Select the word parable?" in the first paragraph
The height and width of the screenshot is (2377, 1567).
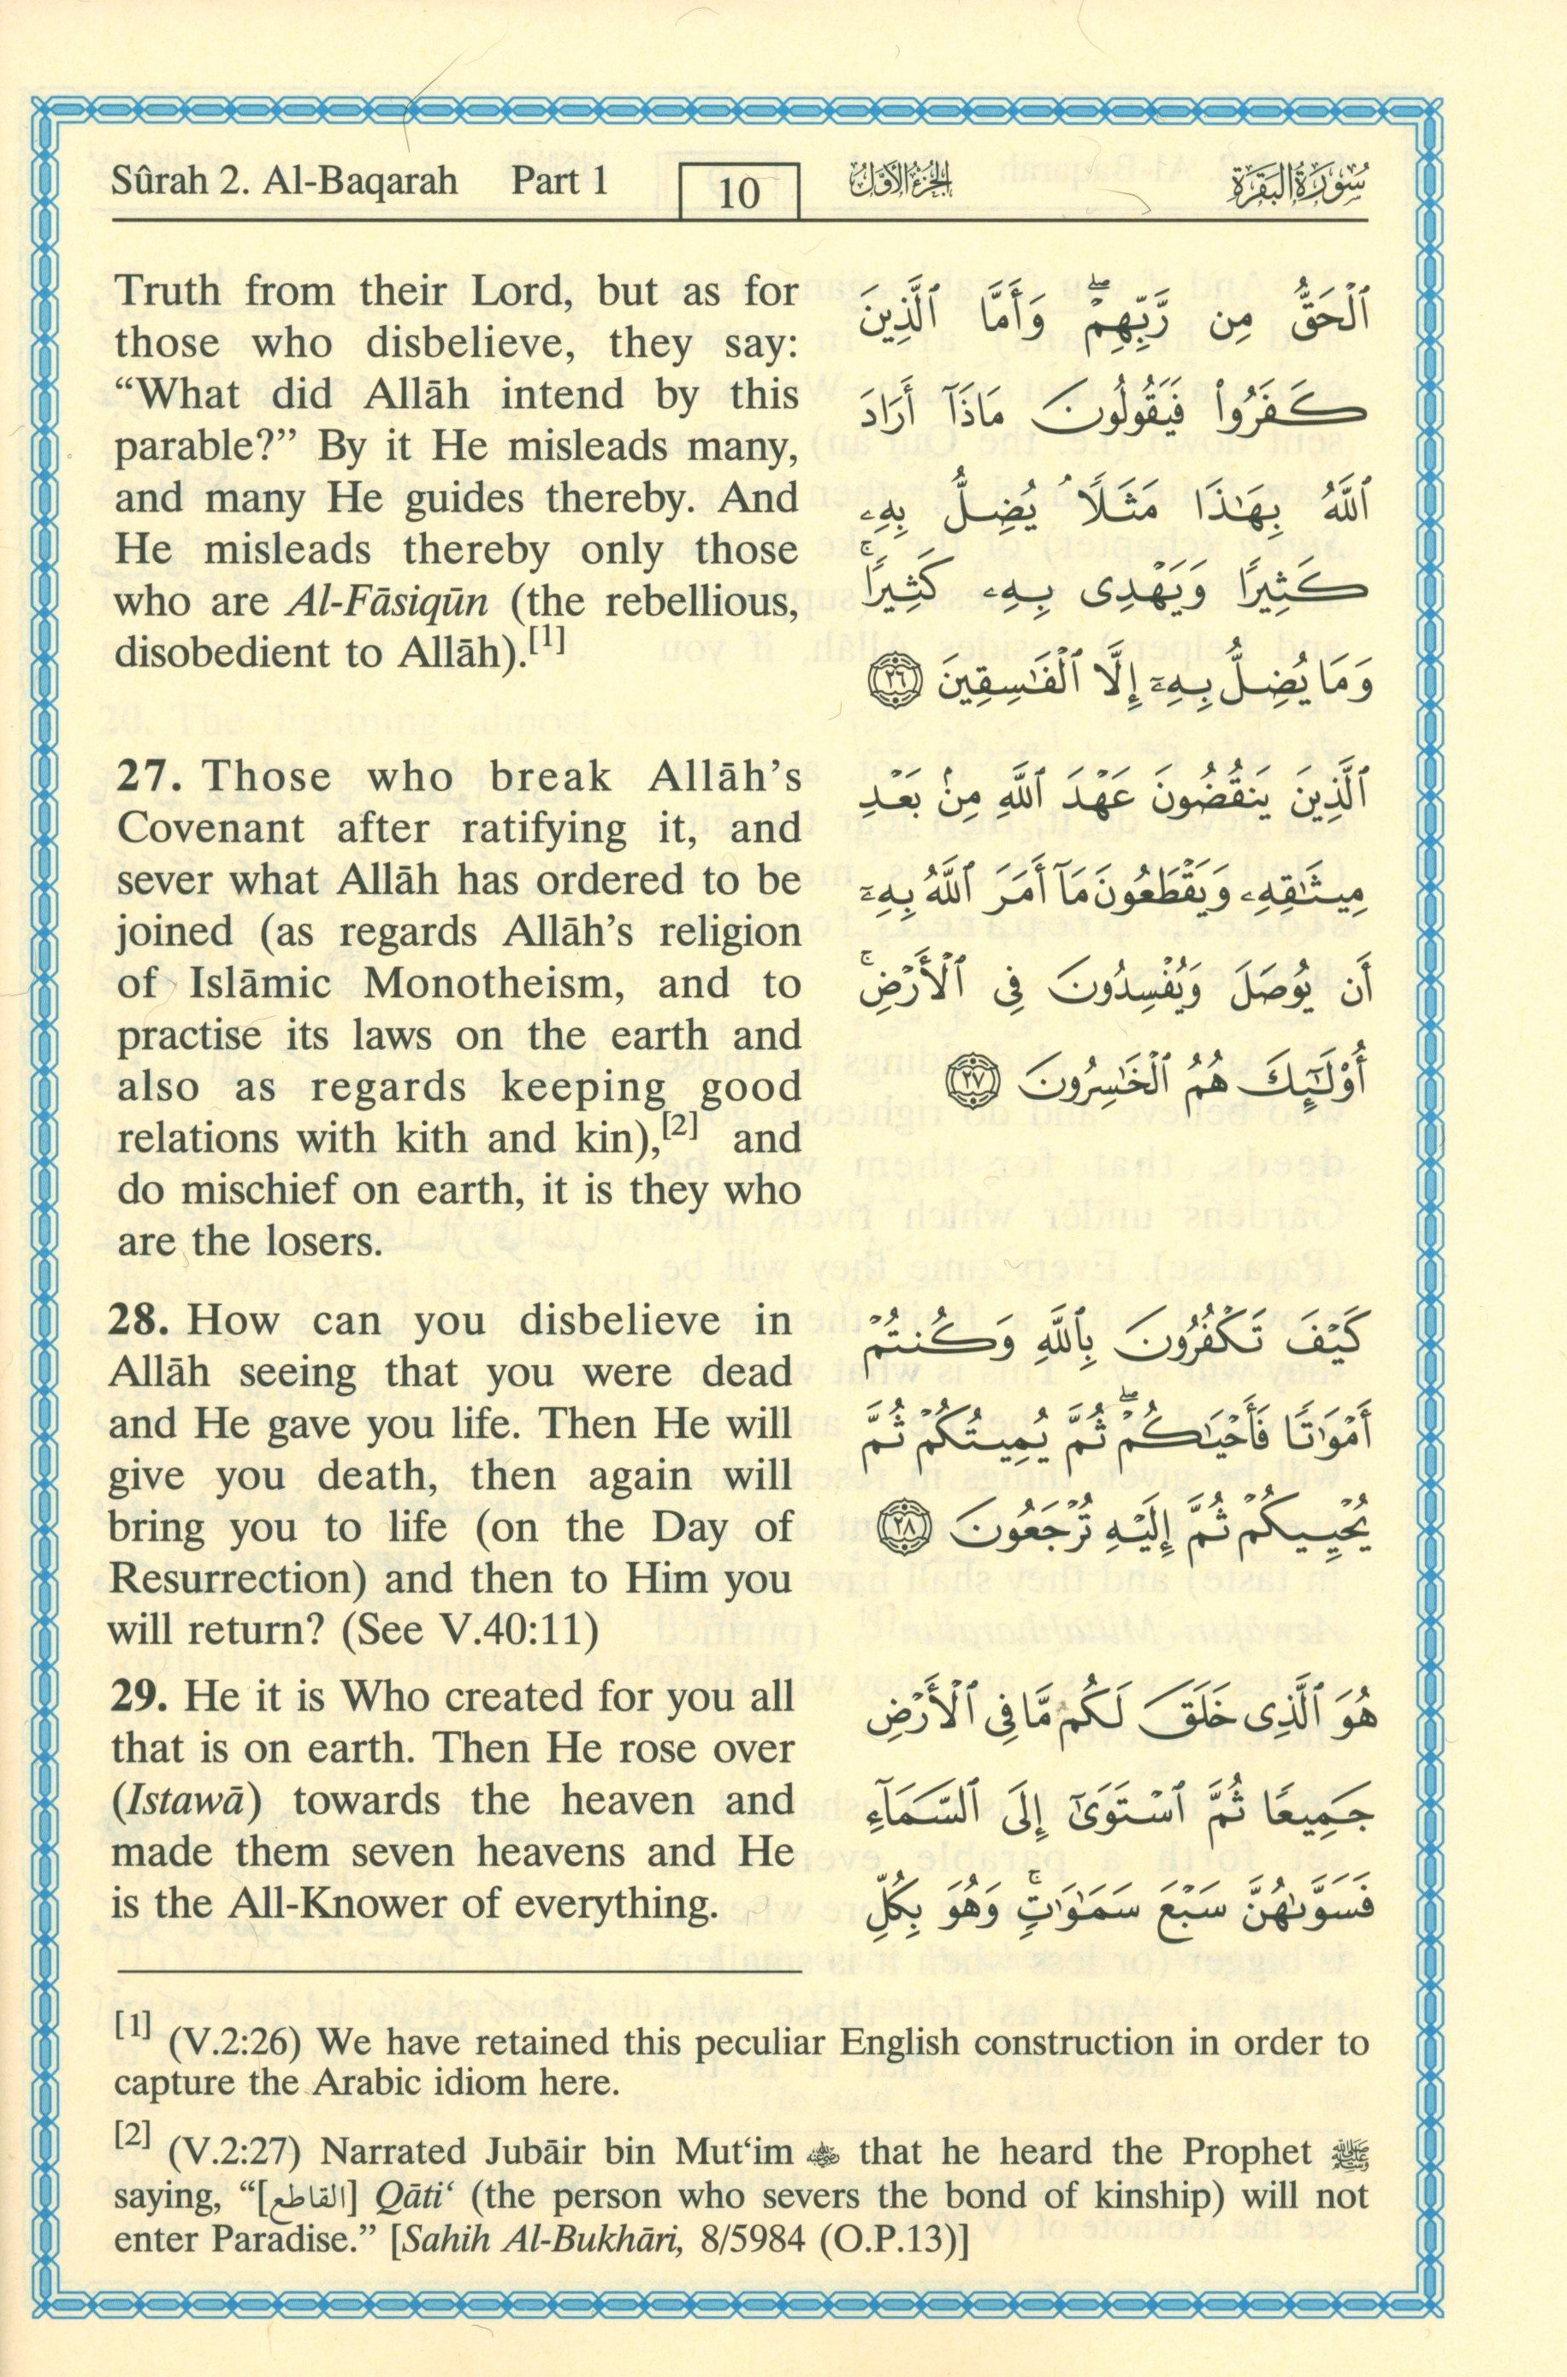pos(197,446)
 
